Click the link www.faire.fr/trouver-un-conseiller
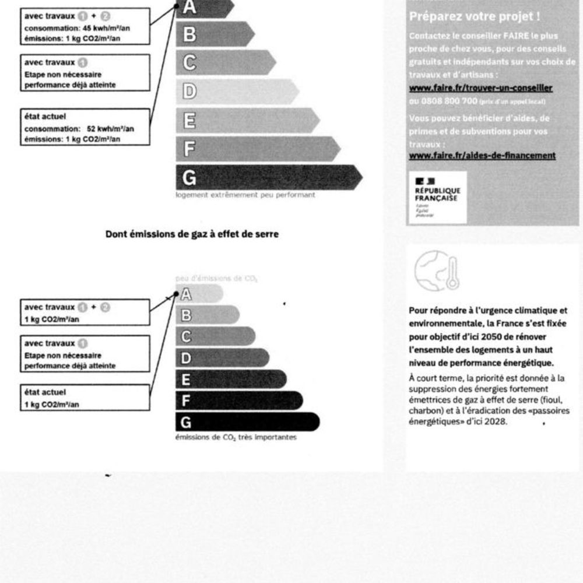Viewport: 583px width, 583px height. click(x=480, y=88)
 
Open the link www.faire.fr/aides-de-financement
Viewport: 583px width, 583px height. click(x=482, y=155)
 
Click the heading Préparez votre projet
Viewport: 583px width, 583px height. click(x=474, y=16)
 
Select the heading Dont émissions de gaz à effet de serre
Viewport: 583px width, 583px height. click(x=192, y=234)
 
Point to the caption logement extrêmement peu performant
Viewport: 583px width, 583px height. click(x=245, y=195)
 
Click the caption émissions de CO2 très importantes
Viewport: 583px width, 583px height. click(x=236, y=437)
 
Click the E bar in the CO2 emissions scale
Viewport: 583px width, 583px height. click(x=231, y=380)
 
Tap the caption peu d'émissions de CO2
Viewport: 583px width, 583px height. click(x=216, y=279)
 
